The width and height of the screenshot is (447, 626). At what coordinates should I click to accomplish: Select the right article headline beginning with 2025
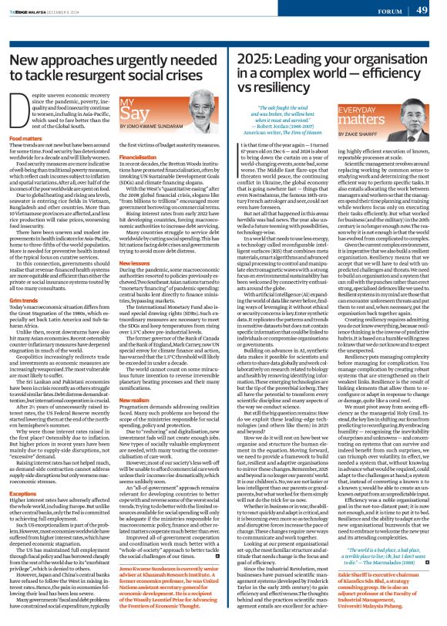[334, 76]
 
